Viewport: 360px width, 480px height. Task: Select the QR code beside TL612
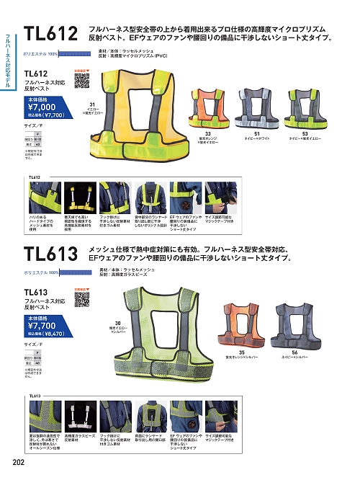pyautogui.click(x=81, y=79)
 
